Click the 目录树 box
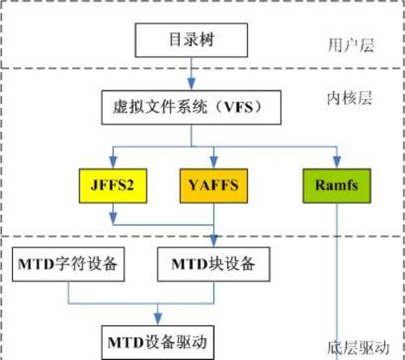[x=191, y=40]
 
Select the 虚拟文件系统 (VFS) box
[x=191, y=107]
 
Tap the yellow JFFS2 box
[x=113, y=186]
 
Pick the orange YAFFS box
[x=214, y=186]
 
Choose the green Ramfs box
[x=337, y=186]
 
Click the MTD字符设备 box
[x=68, y=264]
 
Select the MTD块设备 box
[x=214, y=264]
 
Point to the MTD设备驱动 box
[x=158, y=342]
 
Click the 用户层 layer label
[x=352, y=45]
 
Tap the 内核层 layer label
[x=350, y=98]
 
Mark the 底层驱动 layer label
[x=358, y=348]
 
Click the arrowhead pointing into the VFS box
[x=191, y=84]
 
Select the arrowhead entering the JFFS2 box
[x=113, y=162]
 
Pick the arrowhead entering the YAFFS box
[x=214, y=162]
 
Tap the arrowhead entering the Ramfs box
[x=337, y=162]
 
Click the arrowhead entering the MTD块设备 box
[x=214, y=241]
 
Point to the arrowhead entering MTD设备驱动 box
[x=158, y=319]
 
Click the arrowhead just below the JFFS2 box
[x=113, y=218]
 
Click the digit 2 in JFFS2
[x=130, y=186]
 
